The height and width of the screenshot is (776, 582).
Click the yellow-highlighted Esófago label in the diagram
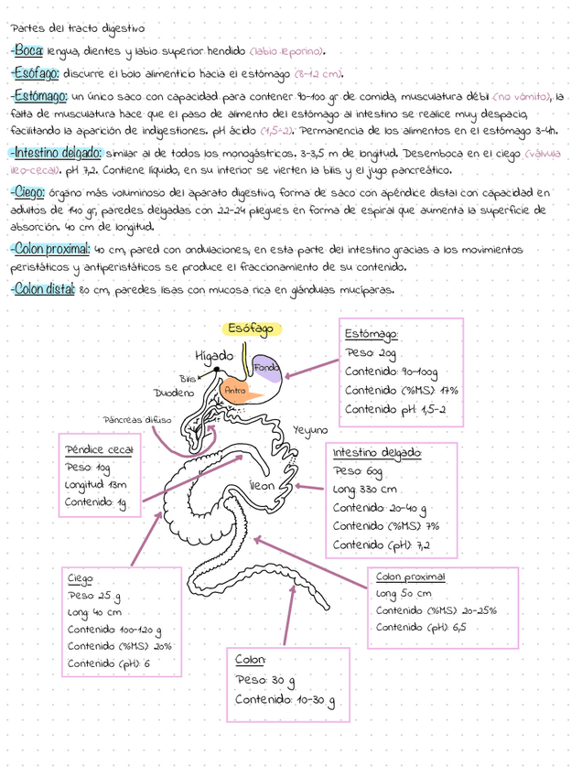click(x=251, y=329)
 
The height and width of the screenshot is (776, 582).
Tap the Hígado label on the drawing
click(x=214, y=355)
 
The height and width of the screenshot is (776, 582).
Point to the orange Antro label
click(x=236, y=391)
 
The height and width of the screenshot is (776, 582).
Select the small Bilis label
click(x=188, y=377)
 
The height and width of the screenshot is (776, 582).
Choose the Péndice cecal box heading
click(x=99, y=449)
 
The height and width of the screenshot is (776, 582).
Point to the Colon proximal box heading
click(x=410, y=577)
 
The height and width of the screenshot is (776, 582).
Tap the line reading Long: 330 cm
click(x=366, y=490)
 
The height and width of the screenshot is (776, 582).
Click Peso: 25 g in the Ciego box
click(x=95, y=596)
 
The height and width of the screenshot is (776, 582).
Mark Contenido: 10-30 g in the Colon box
click(x=285, y=701)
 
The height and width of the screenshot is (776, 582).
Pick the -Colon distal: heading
click(x=42, y=290)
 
